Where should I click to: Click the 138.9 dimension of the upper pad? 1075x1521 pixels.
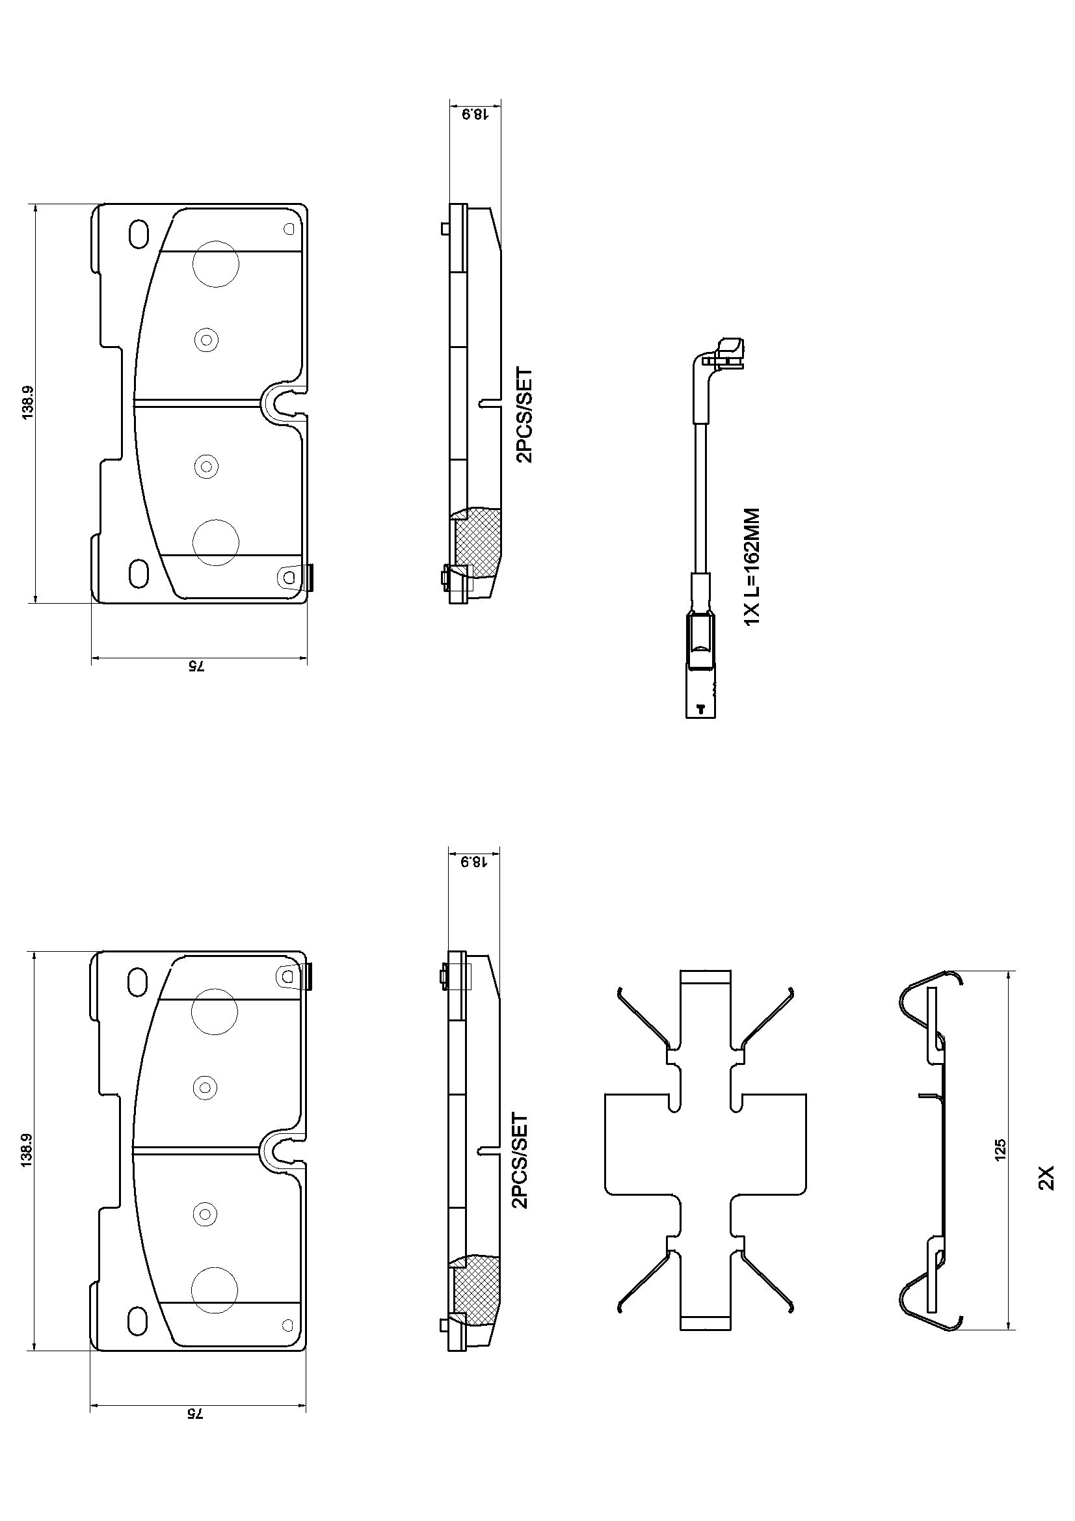point(29,403)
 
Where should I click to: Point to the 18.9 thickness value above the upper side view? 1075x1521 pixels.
point(474,114)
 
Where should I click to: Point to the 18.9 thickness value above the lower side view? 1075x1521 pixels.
point(474,862)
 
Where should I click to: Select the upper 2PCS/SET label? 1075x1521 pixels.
point(524,415)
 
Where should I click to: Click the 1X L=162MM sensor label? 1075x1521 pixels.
point(752,567)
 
